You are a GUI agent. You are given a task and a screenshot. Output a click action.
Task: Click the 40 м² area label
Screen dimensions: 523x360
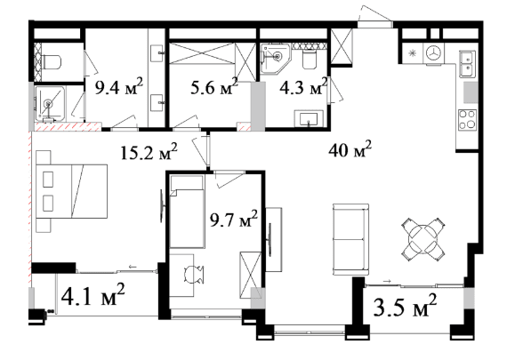350,149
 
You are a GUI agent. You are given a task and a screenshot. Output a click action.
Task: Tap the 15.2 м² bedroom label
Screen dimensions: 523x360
149,153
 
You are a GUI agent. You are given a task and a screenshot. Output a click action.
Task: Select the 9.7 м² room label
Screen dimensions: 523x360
233,220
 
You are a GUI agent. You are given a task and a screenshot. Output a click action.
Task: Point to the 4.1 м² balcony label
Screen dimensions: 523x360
93,295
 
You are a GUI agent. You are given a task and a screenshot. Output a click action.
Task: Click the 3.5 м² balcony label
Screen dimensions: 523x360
405,306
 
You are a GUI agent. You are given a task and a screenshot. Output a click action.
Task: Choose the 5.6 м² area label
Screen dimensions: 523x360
214,87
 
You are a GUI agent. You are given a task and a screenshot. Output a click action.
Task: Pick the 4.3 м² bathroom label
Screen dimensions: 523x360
303,87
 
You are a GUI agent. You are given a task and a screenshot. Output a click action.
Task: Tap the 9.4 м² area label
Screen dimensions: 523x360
119,87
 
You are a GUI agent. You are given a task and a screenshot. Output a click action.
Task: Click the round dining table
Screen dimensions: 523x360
422,238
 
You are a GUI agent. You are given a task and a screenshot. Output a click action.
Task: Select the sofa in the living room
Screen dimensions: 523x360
350,239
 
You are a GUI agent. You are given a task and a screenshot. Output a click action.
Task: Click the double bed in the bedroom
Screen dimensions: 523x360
72,191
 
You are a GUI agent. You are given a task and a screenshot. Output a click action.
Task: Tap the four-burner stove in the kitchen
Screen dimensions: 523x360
467,120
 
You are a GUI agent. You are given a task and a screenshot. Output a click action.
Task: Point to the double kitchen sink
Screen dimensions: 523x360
467,64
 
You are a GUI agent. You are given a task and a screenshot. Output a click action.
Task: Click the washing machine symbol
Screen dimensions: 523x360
434,53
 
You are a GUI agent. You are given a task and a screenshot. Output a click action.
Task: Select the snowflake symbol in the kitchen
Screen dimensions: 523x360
413,53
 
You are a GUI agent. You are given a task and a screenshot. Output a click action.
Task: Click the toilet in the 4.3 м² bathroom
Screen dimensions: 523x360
310,60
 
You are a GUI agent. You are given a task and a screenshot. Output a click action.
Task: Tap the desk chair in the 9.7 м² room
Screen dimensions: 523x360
193,274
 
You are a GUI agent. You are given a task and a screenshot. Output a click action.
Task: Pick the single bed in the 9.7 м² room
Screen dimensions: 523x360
187,212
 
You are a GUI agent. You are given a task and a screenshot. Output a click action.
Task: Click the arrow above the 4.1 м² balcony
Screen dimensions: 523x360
133,267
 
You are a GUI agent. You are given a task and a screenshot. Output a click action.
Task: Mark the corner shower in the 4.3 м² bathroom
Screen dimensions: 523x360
276,58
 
